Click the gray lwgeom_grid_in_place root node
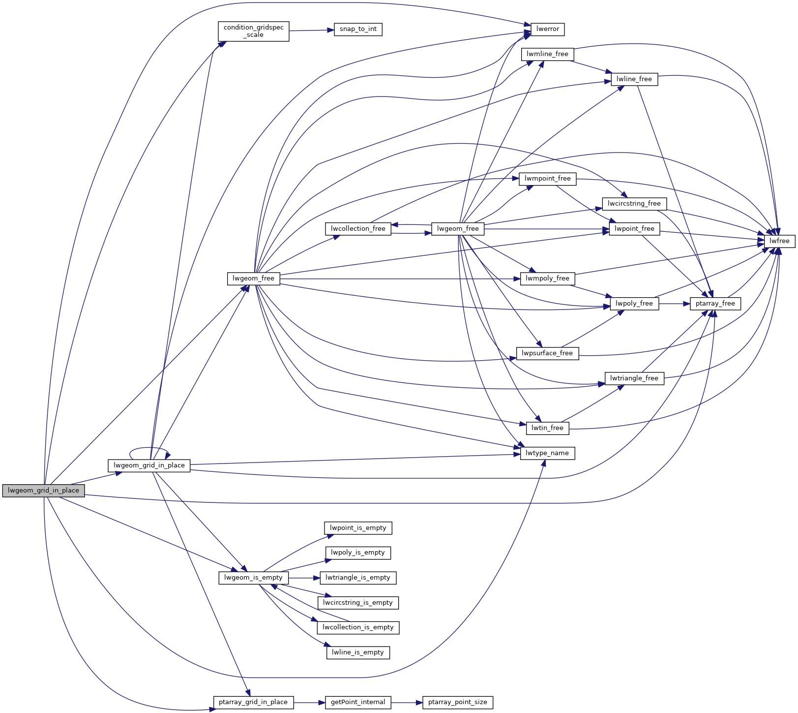click(x=43, y=491)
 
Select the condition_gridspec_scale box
click(x=253, y=31)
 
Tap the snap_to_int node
click(x=358, y=29)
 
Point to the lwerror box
click(x=547, y=29)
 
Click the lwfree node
click(x=779, y=241)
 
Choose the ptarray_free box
click(x=715, y=304)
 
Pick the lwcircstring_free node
click(x=634, y=204)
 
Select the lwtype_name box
click(x=547, y=453)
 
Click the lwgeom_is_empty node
click(x=253, y=578)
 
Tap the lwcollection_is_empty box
click(x=358, y=627)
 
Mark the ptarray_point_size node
click(x=457, y=702)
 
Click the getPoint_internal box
click(x=358, y=702)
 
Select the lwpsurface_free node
click(x=547, y=353)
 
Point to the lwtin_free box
click(x=547, y=428)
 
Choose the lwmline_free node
click(x=547, y=54)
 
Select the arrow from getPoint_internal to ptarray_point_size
click(x=407, y=702)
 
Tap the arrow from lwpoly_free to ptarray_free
click(x=674, y=304)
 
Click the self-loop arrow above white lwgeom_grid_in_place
click(x=149, y=448)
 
